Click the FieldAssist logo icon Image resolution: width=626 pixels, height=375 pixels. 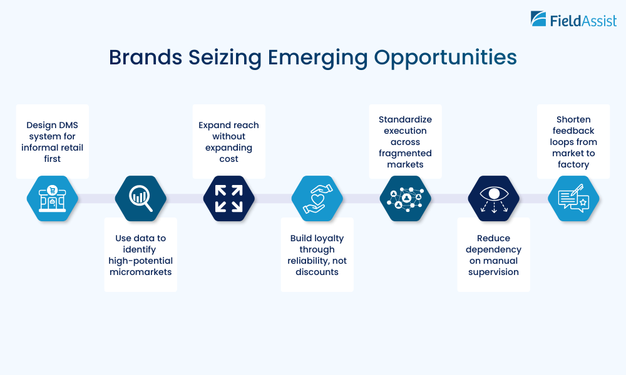click(538, 19)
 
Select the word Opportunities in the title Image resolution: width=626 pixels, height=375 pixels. click(446, 57)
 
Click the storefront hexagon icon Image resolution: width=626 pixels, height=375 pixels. click(53, 198)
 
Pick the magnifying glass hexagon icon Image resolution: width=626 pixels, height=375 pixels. click(141, 198)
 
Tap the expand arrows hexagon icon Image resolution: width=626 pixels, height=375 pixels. click(229, 198)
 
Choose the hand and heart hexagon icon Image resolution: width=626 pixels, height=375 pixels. click(317, 198)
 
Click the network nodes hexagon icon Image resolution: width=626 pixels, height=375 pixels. click(406, 198)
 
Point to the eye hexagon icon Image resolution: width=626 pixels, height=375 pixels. click(494, 198)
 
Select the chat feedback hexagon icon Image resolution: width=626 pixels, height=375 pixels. click(574, 198)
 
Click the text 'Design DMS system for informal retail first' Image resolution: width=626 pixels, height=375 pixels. click(53, 142)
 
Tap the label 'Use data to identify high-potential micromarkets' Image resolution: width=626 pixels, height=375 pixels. click(141, 255)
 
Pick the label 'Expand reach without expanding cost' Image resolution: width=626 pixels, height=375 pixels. click(229, 142)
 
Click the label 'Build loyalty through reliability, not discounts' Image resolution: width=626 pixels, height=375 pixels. click(317, 255)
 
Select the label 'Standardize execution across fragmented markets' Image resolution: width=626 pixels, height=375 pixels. click(406, 142)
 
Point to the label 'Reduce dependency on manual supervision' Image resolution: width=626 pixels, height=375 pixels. click(494, 255)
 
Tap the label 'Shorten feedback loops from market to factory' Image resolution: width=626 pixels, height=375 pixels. click(574, 142)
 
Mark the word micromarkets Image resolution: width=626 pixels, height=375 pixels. click(141, 272)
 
